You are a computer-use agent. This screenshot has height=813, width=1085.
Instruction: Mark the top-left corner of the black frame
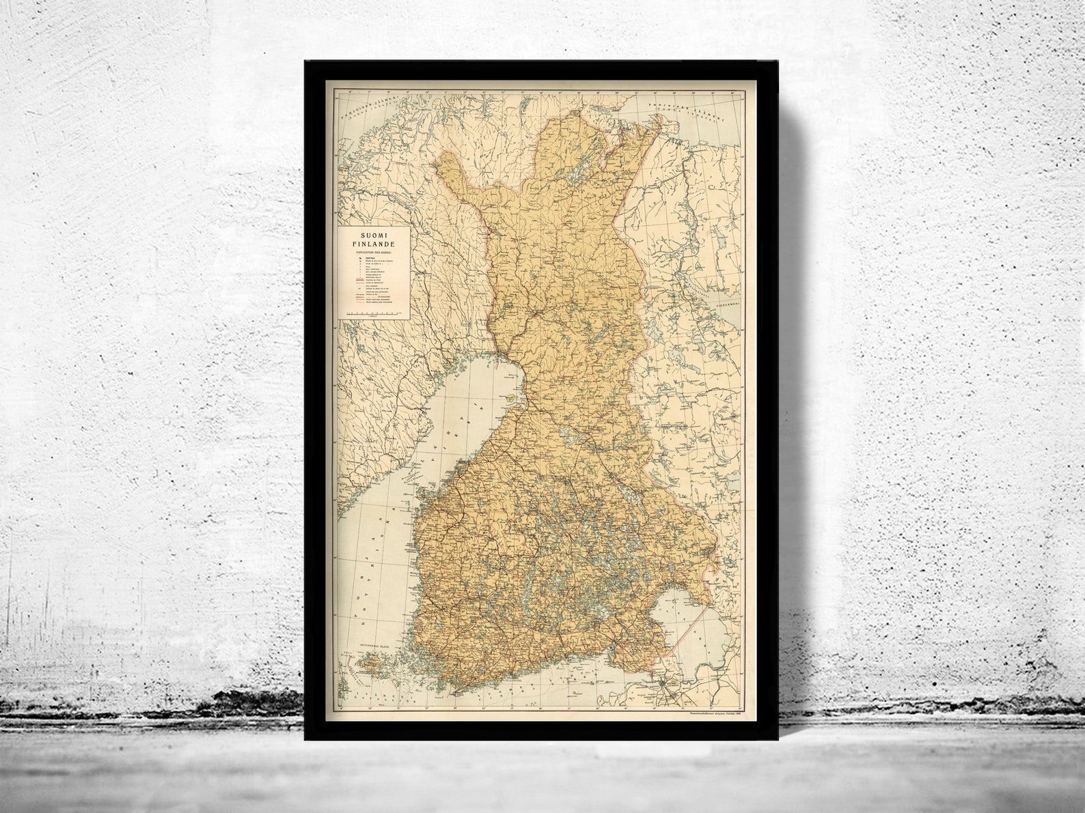(x=305, y=61)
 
